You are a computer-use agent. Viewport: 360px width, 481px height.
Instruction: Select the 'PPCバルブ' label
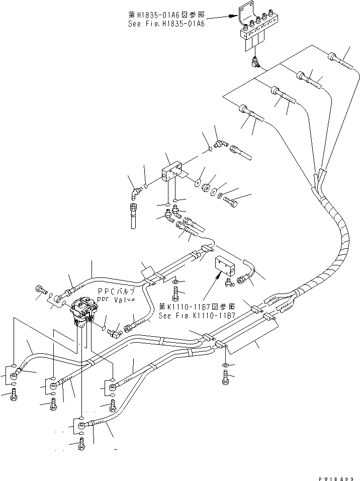(117, 292)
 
